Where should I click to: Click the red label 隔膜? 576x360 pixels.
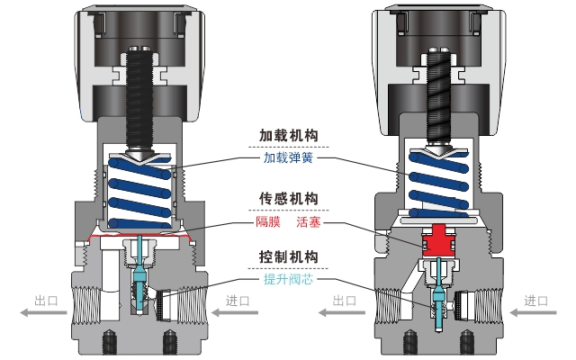(269, 220)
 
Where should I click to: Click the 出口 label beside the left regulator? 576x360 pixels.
(46, 301)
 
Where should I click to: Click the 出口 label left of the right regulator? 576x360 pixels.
(345, 301)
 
